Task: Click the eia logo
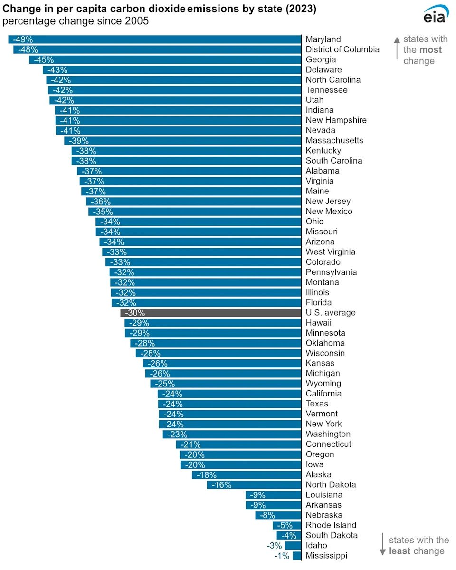click(435, 15)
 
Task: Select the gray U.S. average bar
click(211, 313)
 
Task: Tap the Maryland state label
click(323, 39)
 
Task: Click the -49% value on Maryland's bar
click(23, 39)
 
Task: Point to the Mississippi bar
click(297, 556)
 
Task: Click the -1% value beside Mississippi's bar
click(282, 556)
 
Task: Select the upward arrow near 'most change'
click(397, 48)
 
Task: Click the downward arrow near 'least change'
click(382, 545)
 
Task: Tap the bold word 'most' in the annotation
click(430, 50)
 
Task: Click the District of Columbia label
click(342, 49)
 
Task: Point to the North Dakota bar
click(254, 485)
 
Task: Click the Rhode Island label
click(331, 525)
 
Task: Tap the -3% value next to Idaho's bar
click(274, 546)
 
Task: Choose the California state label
click(323, 394)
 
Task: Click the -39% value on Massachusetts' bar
click(79, 141)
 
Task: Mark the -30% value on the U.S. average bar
click(135, 313)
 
